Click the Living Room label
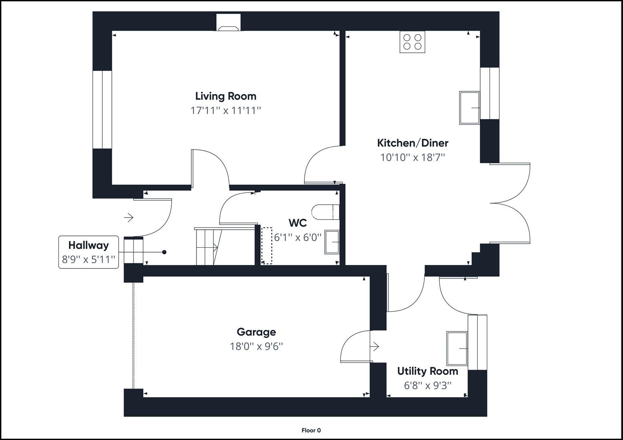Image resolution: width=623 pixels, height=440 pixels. [226, 96]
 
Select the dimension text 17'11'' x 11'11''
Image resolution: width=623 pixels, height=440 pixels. [226, 110]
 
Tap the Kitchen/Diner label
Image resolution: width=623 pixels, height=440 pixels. [412, 143]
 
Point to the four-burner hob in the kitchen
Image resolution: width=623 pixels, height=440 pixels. [412, 42]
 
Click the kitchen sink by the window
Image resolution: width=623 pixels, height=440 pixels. [469, 108]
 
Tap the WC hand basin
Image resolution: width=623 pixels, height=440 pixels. [332, 242]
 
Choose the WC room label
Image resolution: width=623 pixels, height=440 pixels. [297, 223]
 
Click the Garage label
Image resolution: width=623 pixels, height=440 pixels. [256, 332]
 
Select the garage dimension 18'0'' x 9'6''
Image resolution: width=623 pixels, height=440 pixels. [256, 346]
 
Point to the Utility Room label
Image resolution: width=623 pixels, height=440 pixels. [428, 371]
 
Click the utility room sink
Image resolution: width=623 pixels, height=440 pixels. [457, 348]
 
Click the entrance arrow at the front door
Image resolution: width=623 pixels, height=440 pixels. [129, 218]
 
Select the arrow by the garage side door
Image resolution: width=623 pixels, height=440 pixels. [375, 347]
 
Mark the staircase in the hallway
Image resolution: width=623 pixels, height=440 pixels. [207, 246]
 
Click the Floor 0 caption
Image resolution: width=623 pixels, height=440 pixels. [311, 430]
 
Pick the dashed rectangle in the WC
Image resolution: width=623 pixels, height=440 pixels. [266, 245]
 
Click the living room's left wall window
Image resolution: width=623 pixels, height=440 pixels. [102, 110]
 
